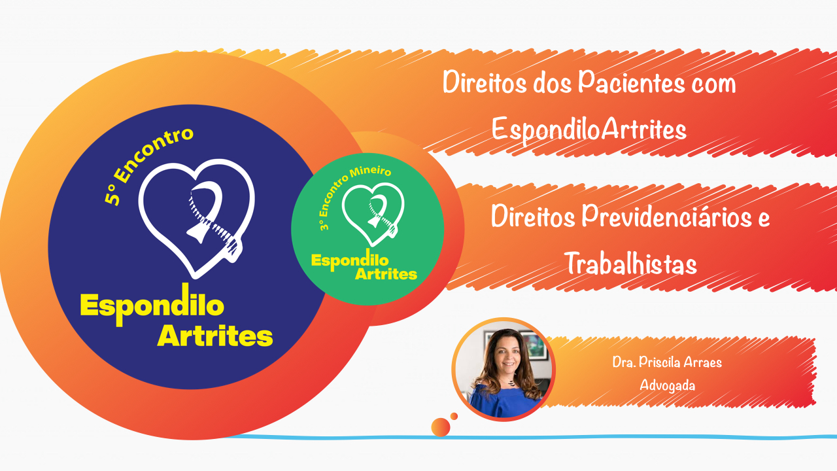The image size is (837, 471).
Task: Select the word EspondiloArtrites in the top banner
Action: click(x=589, y=130)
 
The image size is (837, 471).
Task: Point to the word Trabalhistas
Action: click(x=630, y=265)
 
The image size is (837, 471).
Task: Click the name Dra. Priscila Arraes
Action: click(x=667, y=362)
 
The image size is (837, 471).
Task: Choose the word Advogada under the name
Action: click(x=667, y=385)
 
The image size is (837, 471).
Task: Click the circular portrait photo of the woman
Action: click(x=503, y=370)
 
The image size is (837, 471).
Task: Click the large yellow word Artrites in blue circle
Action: click(x=215, y=336)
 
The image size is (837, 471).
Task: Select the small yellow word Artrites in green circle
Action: click(x=385, y=274)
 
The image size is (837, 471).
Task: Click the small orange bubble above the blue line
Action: click(x=441, y=427)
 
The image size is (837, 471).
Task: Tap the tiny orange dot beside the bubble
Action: click(x=454, y=416)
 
